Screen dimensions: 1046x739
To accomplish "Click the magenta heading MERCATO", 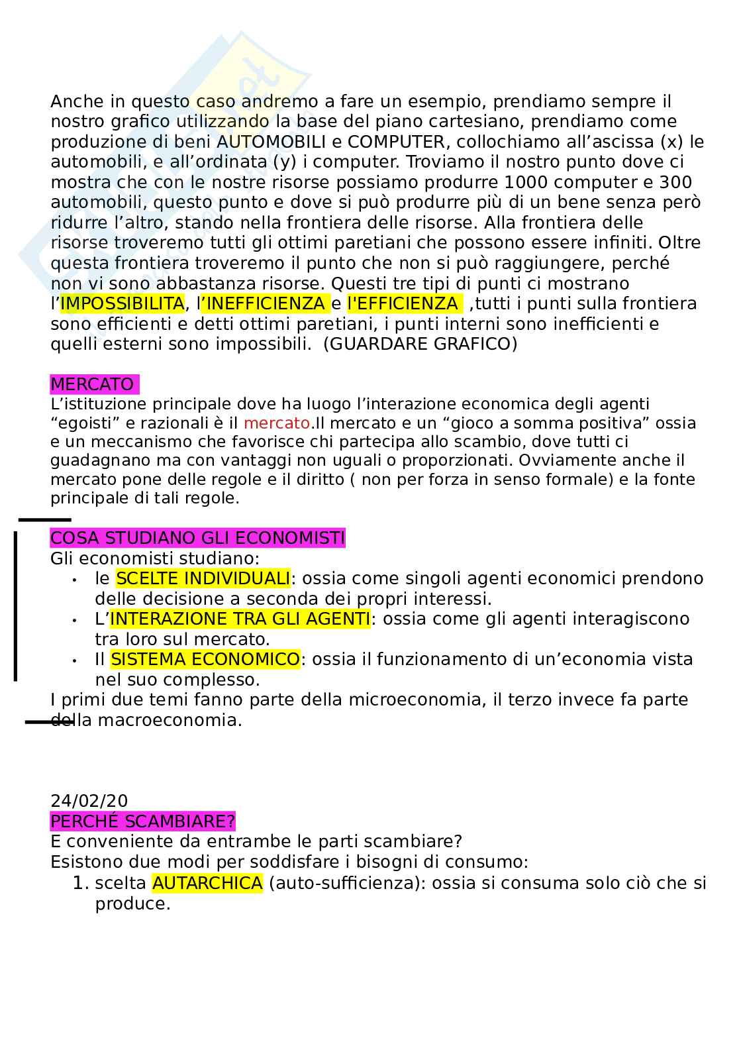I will click(93, 384).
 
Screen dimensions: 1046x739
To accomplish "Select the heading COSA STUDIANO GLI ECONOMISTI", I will click(197, 537).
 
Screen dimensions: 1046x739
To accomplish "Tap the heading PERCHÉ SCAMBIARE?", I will click(142, 821).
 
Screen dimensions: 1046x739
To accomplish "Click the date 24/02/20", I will click(89, 802).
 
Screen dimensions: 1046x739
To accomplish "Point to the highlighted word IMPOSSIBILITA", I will click(122, 303).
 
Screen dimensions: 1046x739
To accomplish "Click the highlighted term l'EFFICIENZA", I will click(402, 303).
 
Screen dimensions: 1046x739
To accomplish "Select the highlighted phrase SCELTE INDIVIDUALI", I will click(203, 578).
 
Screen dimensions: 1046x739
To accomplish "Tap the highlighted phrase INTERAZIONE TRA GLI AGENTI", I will click(240, 619).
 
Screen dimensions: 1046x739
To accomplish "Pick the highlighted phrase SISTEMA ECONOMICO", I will click(205, 659).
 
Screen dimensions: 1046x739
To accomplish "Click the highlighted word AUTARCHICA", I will click(207, 883).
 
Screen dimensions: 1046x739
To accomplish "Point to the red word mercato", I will click(277, 423).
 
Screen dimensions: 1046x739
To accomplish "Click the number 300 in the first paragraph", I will click(676, 182).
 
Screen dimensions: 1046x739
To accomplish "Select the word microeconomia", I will click(414, 700).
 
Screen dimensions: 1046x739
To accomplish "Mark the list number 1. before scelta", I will click(80, 883).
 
